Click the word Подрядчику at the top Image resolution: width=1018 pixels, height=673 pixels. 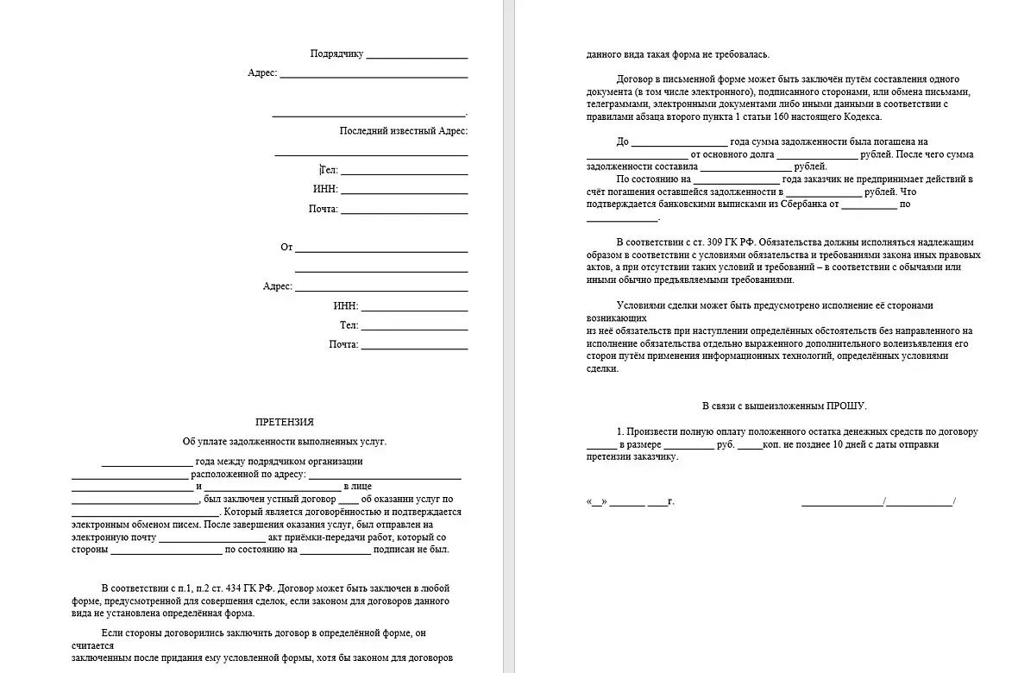click(337, 53)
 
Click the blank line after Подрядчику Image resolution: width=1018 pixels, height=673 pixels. click(417, 54)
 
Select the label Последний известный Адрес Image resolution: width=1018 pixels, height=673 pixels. click(403, 131)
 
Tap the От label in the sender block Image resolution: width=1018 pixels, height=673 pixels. click(286, 248)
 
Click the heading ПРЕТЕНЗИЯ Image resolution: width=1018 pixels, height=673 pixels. click(285, 422)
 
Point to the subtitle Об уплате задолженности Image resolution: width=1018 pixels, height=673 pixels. click(285, 442)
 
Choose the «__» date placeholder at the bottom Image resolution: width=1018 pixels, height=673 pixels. click(597, 501)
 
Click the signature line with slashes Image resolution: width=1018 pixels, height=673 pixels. click(877, 501)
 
